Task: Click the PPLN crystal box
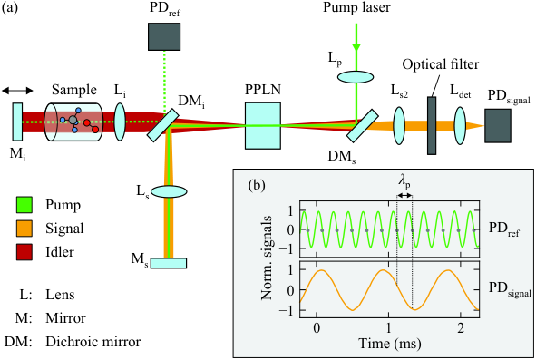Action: (x=263, y=126)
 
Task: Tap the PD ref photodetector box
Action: (x=164, y=36)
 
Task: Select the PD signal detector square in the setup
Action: (x=498, y=126)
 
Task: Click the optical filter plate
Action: (x=432, y=125)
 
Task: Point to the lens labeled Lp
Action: (x=356, y=76)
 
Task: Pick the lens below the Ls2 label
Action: (x=399, y=126)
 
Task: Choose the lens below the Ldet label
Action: (x=460, y=126)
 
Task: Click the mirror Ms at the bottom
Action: (x=169, y=263)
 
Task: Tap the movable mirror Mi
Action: (x=17, y=122)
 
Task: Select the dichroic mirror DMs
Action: (x=363, y=125)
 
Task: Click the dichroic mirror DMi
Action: (x=163, y=125)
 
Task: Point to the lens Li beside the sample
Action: (x=120, y=122)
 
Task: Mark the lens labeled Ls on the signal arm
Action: (x=169, y=191)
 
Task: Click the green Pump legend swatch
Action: (x=24, y=205)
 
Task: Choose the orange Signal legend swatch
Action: (x=24, y=229)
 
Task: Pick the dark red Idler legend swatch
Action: (x=24, y=252)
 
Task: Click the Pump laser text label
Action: (x=356, y=7)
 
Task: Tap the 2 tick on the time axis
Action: (x=461, y=328)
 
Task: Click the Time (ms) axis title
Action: (x=389, y=344)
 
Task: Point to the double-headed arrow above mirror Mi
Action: (x=17, y=91)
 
